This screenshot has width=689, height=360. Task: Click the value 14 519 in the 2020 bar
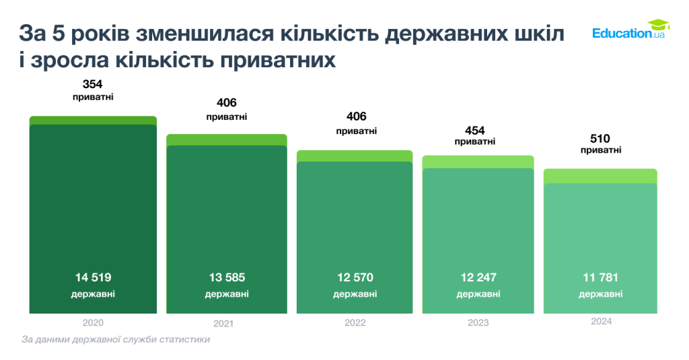point(93,277)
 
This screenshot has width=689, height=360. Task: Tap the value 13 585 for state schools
point(226,277)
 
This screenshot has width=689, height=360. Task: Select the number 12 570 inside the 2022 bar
point(355,277)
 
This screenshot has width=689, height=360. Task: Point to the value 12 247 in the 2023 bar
point(478,277)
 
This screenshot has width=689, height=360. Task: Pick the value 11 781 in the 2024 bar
point(600,277)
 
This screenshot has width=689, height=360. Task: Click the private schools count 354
point(93,84)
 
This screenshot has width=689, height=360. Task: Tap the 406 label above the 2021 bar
point(226,103)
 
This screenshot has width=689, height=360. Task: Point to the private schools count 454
point(474,130)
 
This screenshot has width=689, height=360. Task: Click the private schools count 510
point(600,139)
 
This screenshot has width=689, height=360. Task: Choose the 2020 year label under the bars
point(93,322)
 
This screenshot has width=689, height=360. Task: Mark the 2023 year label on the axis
point(478,323)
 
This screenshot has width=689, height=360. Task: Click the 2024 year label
point(601,322)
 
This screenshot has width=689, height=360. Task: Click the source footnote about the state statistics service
point(116,340)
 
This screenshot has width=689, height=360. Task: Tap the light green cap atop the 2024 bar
point(600,176)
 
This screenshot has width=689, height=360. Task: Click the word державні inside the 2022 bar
point(355,294)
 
